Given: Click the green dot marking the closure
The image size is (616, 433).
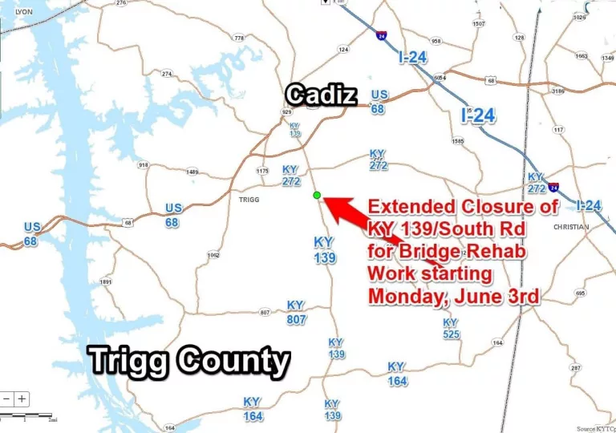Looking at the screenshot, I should point(317,195).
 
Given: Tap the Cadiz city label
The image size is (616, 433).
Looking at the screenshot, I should point(321,95).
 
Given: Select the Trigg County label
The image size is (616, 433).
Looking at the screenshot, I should point(189,361).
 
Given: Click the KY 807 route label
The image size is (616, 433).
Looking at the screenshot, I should point(296,312).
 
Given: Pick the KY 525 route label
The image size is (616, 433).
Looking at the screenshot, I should point(451,328).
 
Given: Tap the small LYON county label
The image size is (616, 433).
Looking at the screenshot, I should point(24,13).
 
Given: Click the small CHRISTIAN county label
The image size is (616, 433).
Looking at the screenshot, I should point(571,227).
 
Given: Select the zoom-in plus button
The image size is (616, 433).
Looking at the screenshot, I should point(22,399).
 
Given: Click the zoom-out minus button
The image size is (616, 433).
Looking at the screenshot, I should point(6,399).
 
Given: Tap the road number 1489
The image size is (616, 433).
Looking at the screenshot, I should point(192,172).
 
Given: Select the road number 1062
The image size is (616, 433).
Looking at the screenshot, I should point(213,256).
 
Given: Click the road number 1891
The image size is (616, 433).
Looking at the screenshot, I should point(106,282).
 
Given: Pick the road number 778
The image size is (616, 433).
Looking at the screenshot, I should point(239,38).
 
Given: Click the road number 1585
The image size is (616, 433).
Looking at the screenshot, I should point(458,141).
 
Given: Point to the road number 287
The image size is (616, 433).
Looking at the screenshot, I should point(575,368).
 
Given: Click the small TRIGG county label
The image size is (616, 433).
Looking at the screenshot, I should point(249,199).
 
